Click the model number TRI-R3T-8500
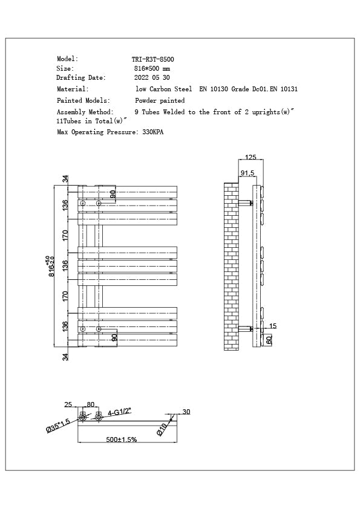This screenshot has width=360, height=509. click(152, 59)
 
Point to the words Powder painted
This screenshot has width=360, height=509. click(160, 100)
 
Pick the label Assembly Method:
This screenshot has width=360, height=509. click(85, 112)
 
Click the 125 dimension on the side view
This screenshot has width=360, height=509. click(250, 157)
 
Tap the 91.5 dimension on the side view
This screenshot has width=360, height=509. click(247, 173)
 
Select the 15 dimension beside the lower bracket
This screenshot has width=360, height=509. click(272, 326)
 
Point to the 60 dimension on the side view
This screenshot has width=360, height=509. click(269, 340)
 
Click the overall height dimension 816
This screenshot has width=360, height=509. click(52, 267)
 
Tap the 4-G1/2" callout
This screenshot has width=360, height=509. click(119, 413)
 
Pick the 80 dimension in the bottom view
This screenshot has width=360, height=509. click(91, 404)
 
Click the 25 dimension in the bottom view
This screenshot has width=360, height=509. click(68, 404)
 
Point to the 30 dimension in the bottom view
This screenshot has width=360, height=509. click(186, 412)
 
